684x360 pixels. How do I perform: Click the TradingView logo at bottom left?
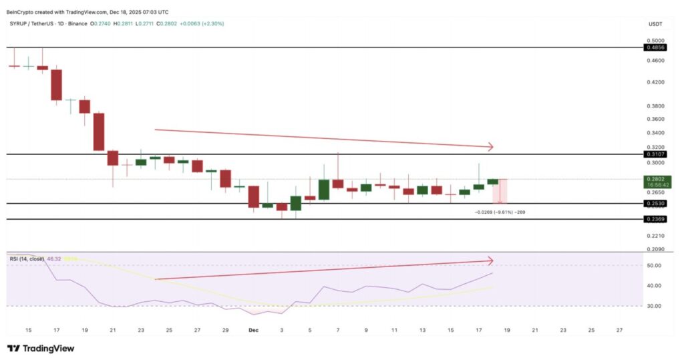point(41,348)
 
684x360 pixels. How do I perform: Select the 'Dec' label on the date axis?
point(254,329)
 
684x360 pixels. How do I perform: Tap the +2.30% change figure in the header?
point(208,23)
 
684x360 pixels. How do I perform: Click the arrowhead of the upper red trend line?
point(490,147)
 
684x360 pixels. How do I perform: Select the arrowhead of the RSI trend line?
point(490,260)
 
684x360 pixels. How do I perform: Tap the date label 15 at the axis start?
point(28,329)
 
